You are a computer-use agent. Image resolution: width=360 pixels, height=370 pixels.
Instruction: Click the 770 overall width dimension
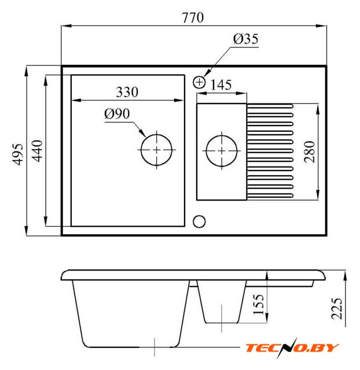pyautogui.click(x=193, y=18)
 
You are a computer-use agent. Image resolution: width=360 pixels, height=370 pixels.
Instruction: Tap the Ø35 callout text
pyautogui.click(x=245, y=39)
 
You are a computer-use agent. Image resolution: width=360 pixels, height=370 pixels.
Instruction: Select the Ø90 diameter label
pyautogui.click(x=117, y=114)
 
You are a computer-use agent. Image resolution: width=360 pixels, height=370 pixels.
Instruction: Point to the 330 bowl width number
pyautogui.click(x=127, y=92)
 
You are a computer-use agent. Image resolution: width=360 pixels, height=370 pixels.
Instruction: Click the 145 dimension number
pyautogui.click(x=221, y=85)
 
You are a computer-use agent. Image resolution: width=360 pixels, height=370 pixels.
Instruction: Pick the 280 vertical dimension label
pyautogui.click(x=310, y=152)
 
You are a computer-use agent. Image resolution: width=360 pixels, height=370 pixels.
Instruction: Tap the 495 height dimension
pyautogui.click(x=18, y=154)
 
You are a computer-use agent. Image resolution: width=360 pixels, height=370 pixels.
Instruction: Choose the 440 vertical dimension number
pyautogui.click(x=37, y=151)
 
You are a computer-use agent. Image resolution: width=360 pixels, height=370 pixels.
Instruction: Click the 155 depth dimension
pyautogui.click(x=258, y=305)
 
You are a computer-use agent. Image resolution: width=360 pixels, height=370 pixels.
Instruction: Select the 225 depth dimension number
pyautogui.click(x=337, y=309)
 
